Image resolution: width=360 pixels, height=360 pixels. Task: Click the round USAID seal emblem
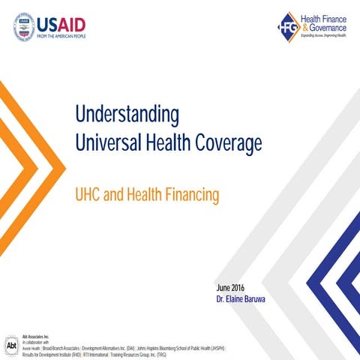(x=25, y=26)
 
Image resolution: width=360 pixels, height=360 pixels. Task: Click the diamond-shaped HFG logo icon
(x=288, y=27)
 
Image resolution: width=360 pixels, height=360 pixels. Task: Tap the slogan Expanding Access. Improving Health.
(x=322, y=34)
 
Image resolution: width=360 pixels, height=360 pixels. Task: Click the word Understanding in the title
(x=127, y=114)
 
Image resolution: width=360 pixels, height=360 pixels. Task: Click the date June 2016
(x=230, y=287)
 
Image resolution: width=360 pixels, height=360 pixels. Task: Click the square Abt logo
(x=11, y=347)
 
